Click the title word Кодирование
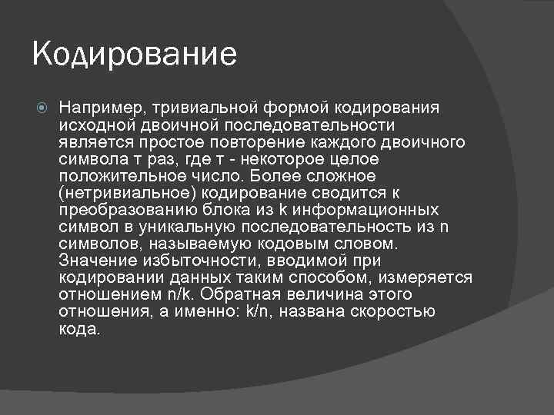(134, 55)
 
